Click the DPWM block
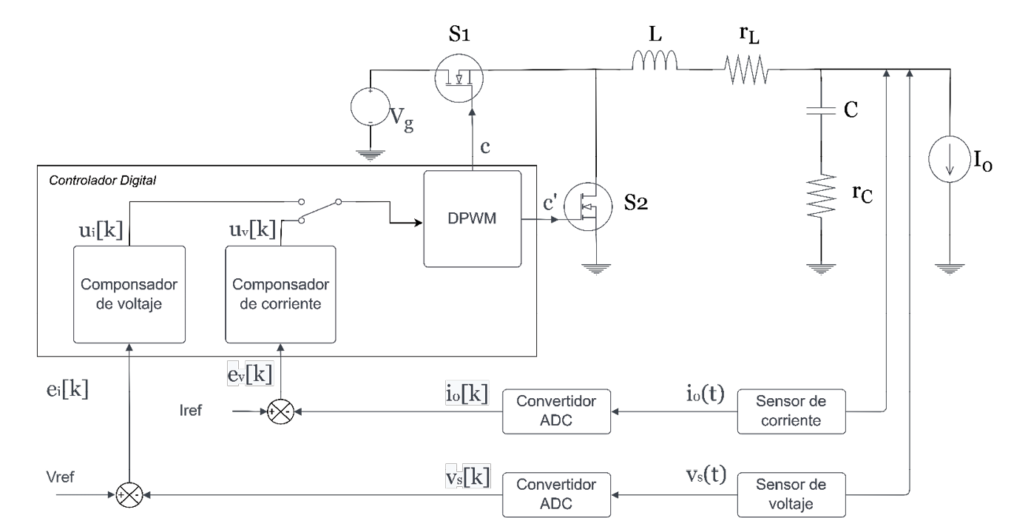(x=472, y=218)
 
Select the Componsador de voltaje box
(x=129, y=294)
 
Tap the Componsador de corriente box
(x=280, y=294)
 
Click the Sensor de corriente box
(x=791, y=411)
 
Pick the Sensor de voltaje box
(x=791, y=494)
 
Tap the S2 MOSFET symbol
(x=589, y=208)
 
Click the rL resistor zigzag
(x=747, y=73)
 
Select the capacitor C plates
(x=820, y=111)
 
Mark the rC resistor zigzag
(x=820, y=195)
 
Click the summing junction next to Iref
(x=280, y=411)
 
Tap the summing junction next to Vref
(x=129, y=494)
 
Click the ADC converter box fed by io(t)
(x=557, y=411)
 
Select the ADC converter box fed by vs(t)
(x=557, y=494)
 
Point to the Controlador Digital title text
(x=102, y=181)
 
